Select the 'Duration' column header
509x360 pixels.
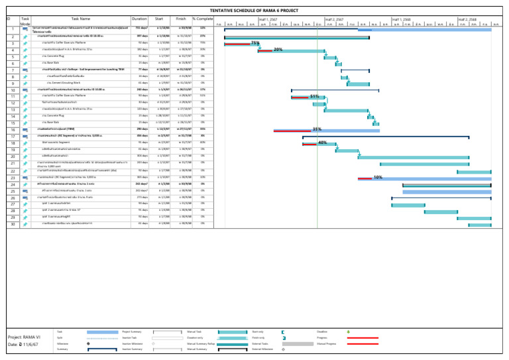tap(139, 20)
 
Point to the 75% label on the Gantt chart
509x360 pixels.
tap(255, 43)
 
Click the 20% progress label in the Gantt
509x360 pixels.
tap(278, 50)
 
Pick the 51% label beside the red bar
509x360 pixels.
tap(315, 96)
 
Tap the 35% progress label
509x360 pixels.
tap(317, 129)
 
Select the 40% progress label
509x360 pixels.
tap(323, 143)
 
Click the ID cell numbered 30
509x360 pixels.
tap(12, 225)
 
